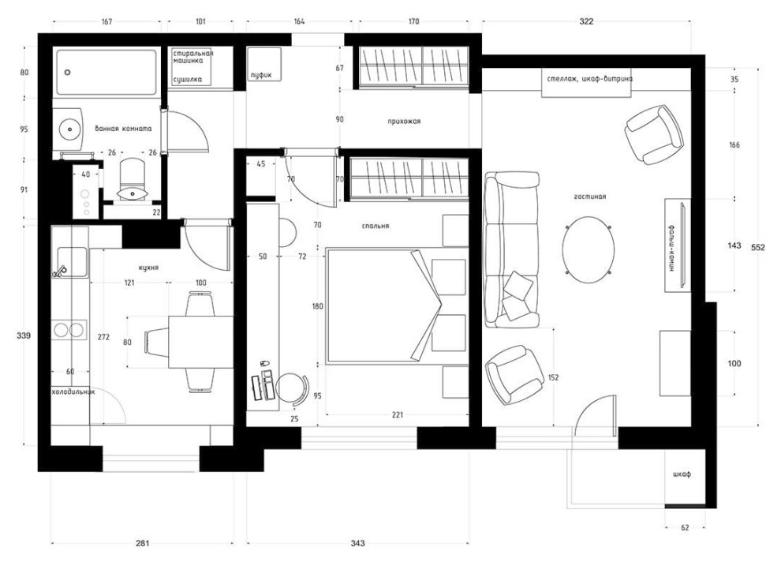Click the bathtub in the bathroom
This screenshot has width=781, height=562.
pyautogui.click(x=107, y=72)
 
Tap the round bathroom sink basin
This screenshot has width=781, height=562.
pyautogui.click(x=69, y=129)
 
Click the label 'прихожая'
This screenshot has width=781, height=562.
pyautogui.click(x=404, y=121)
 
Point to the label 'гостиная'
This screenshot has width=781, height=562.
pyautogui.click(x=590, y=197)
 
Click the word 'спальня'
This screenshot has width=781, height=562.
pyautogui.click(x=376, y=226)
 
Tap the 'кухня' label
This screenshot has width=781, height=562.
pyautogui.click(x=149, y=268)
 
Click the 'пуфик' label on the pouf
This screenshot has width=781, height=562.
pyautogui.click(x=261, y=75)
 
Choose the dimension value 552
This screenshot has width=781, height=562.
pyautogui.click(x=757, y=247)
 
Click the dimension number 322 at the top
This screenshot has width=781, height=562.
pyautogui.click(x=586, y=21)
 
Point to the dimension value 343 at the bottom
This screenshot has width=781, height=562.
pyautogui.click(x=357, y=543)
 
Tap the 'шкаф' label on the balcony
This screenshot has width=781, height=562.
pyautogui.click(x=682, y=474)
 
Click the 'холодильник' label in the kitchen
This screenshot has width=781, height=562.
pyautogui.click(x=73, y=392)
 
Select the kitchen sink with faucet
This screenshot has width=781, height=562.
pyautogui.click(x=72, y=262)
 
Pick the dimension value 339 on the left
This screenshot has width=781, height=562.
pyautogui.click(x=24, y=335)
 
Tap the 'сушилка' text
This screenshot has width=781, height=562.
pyautogui.click(x=188, y=79)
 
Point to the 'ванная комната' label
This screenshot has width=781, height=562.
pyautogui.click(x=124, y=129)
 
